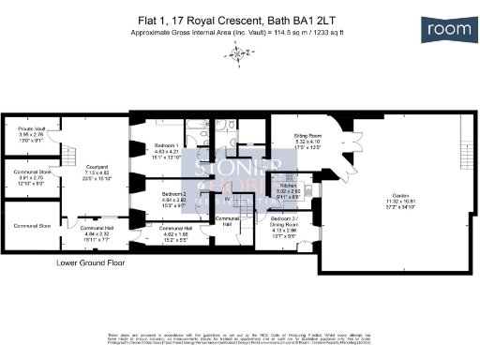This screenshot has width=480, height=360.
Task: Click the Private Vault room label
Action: click(x=31, y=132)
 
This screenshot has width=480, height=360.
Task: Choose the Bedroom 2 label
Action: click(x=171, y=198)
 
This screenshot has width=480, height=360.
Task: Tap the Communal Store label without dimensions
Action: click(x=31, y=226)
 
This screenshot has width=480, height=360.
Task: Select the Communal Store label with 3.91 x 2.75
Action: click(x=31, y=176)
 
